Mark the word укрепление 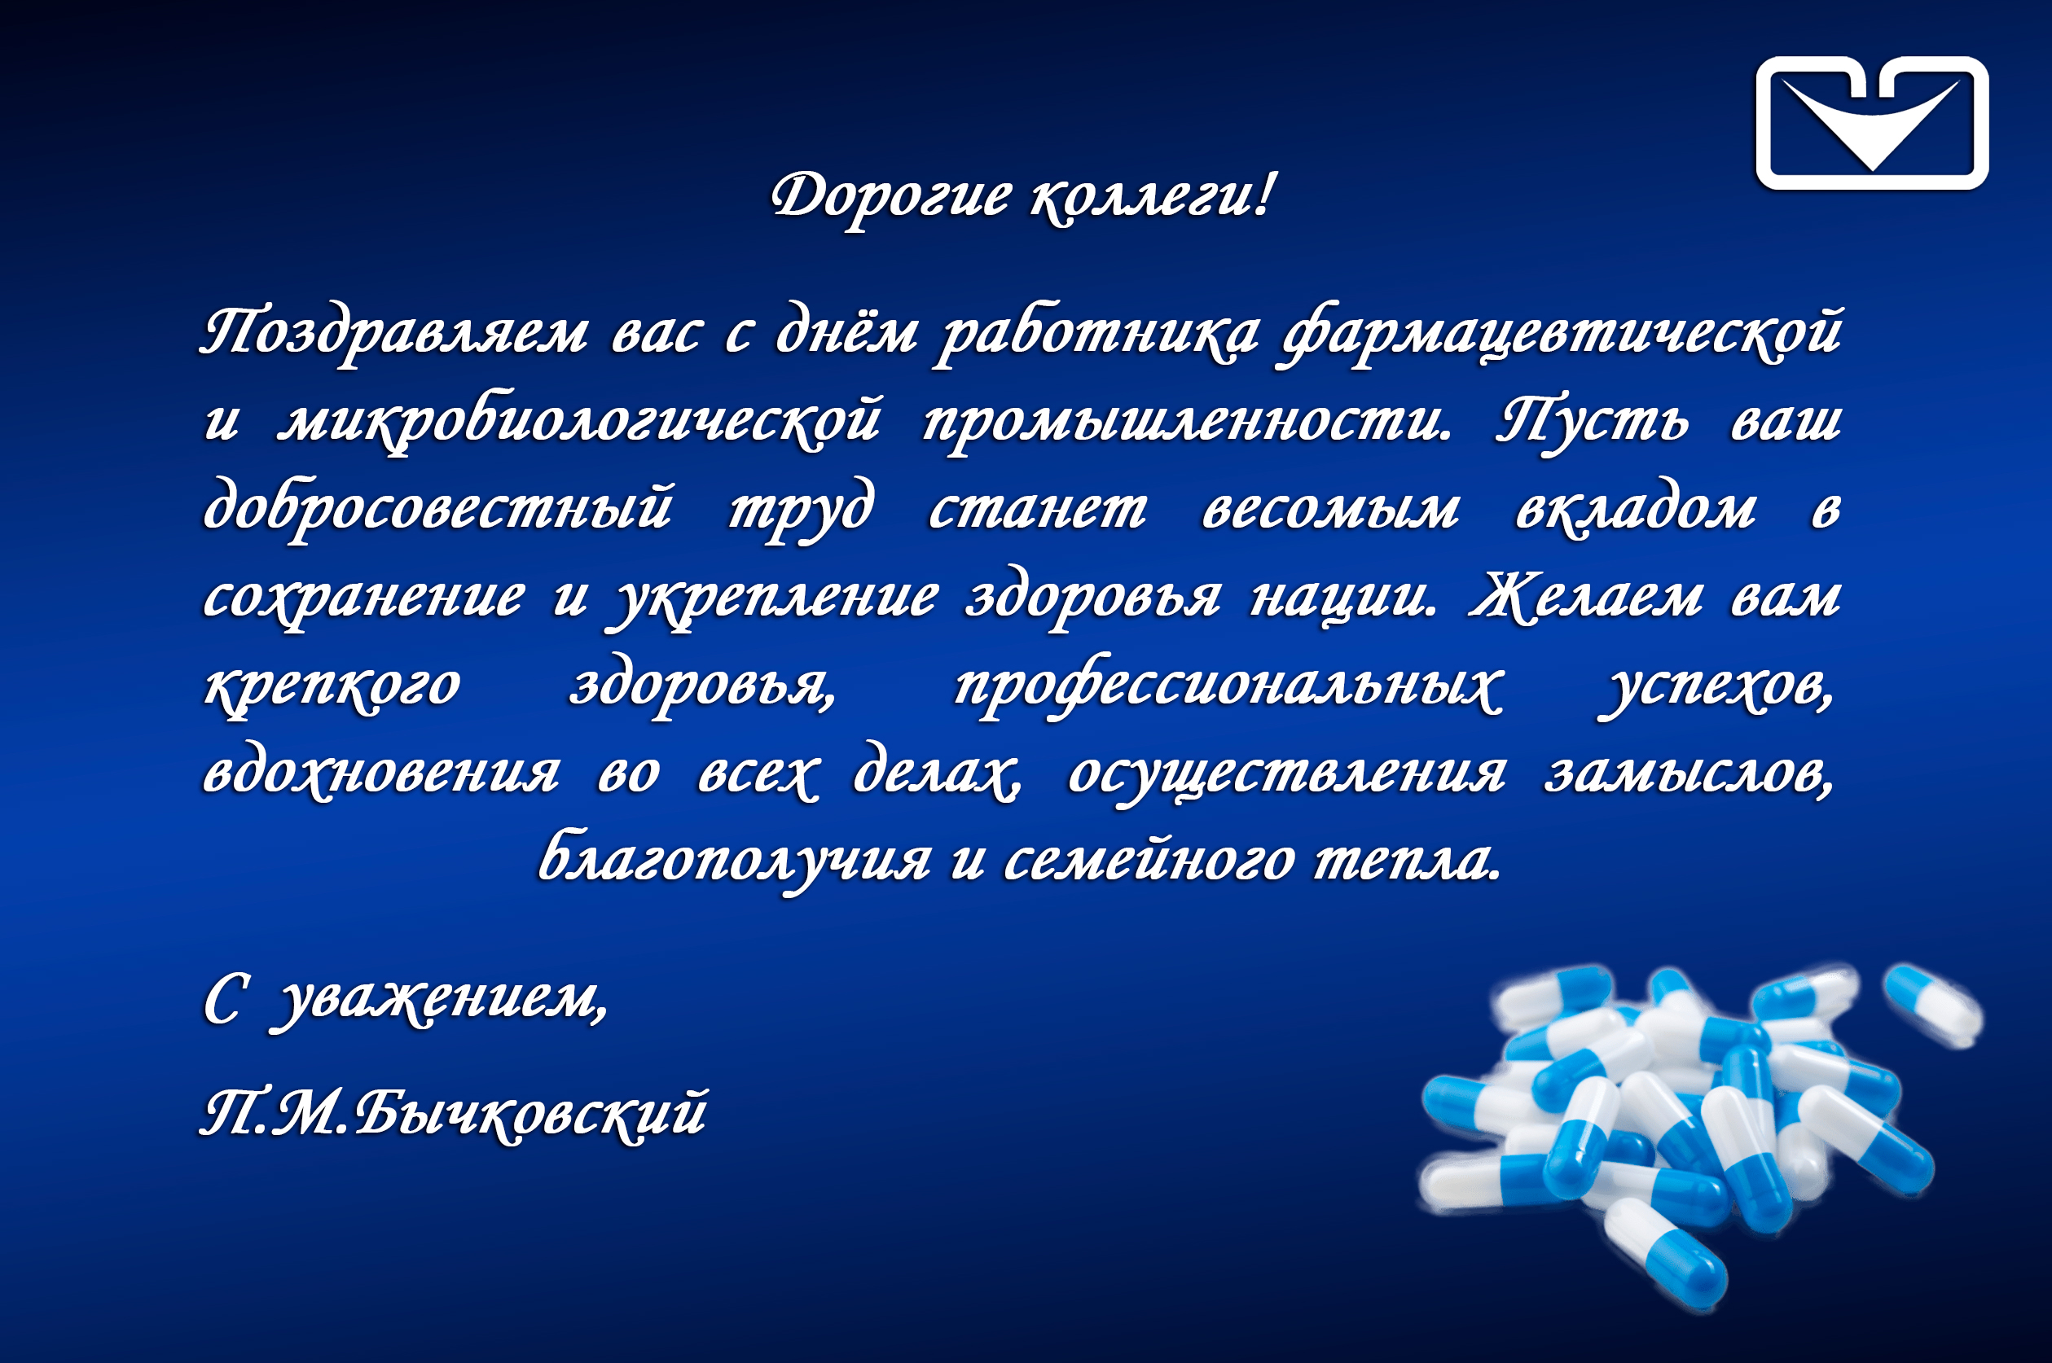tap(776, 599)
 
